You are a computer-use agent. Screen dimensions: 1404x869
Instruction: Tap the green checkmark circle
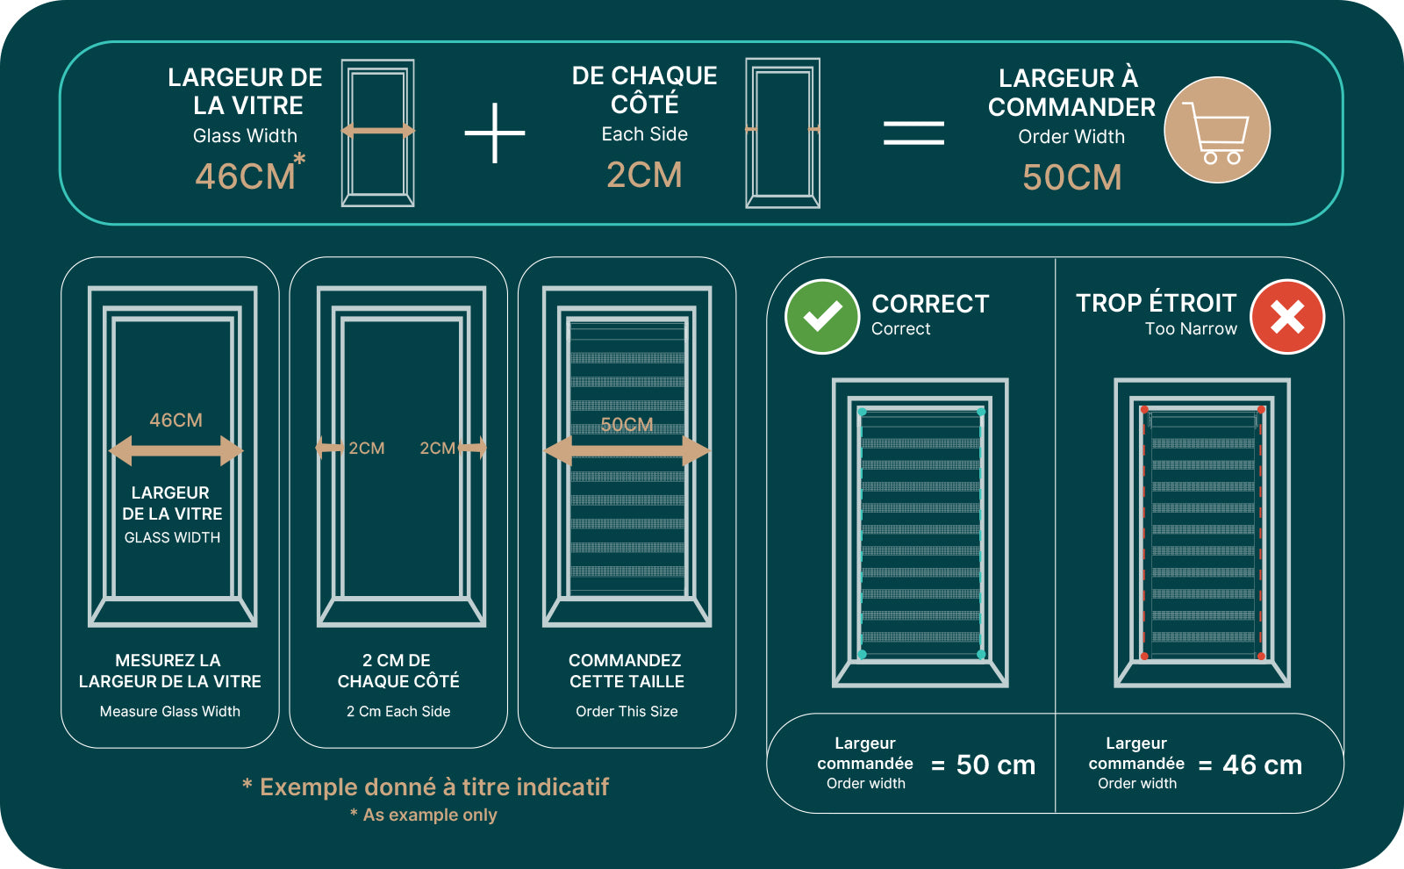822,317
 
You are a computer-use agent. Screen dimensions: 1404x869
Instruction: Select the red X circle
1287,317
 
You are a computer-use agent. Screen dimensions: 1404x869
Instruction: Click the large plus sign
495,133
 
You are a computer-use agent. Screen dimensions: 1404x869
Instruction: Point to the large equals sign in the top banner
913,133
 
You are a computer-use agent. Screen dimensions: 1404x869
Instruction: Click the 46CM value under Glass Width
245,176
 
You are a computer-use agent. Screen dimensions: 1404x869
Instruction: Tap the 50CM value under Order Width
1071,177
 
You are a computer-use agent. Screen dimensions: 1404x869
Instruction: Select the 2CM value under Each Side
644,175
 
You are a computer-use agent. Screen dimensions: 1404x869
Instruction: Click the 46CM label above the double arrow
176,420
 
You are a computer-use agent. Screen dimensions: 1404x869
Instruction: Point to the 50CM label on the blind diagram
627,425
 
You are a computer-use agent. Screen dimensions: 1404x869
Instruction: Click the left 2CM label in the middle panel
367,449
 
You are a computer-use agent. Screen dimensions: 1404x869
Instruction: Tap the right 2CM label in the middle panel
438,449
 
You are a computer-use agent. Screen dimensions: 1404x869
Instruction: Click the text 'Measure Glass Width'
170,711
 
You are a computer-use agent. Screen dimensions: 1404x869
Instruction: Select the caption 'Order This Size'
627,711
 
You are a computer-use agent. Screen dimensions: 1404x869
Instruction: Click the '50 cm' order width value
996,765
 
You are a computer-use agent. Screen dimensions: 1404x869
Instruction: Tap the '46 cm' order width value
1263,765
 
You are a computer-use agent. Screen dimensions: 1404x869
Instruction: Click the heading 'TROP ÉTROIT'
1157,303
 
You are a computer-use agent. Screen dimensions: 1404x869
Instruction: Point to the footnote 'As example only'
430,815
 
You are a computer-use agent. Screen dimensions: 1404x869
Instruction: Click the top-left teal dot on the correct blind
863,412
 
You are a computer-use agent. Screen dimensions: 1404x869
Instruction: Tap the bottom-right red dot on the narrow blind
1261,657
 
